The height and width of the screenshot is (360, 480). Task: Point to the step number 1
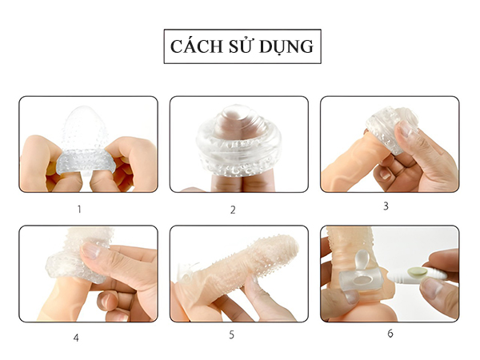pos(78,210)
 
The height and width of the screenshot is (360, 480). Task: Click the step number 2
pos(233,210)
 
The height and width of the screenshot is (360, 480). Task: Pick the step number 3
pos(386,206)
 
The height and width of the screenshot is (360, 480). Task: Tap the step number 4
pos(76,338)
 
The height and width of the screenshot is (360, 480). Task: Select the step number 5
pos(231,334)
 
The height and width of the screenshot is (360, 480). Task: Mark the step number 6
pos(390,334)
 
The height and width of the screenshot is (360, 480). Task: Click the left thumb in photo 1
pos(44,156)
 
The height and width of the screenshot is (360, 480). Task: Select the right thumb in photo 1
pos(132,156)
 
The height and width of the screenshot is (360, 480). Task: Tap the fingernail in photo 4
pos(92,250)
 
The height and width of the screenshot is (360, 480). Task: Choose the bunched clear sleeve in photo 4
pos(68,260)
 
